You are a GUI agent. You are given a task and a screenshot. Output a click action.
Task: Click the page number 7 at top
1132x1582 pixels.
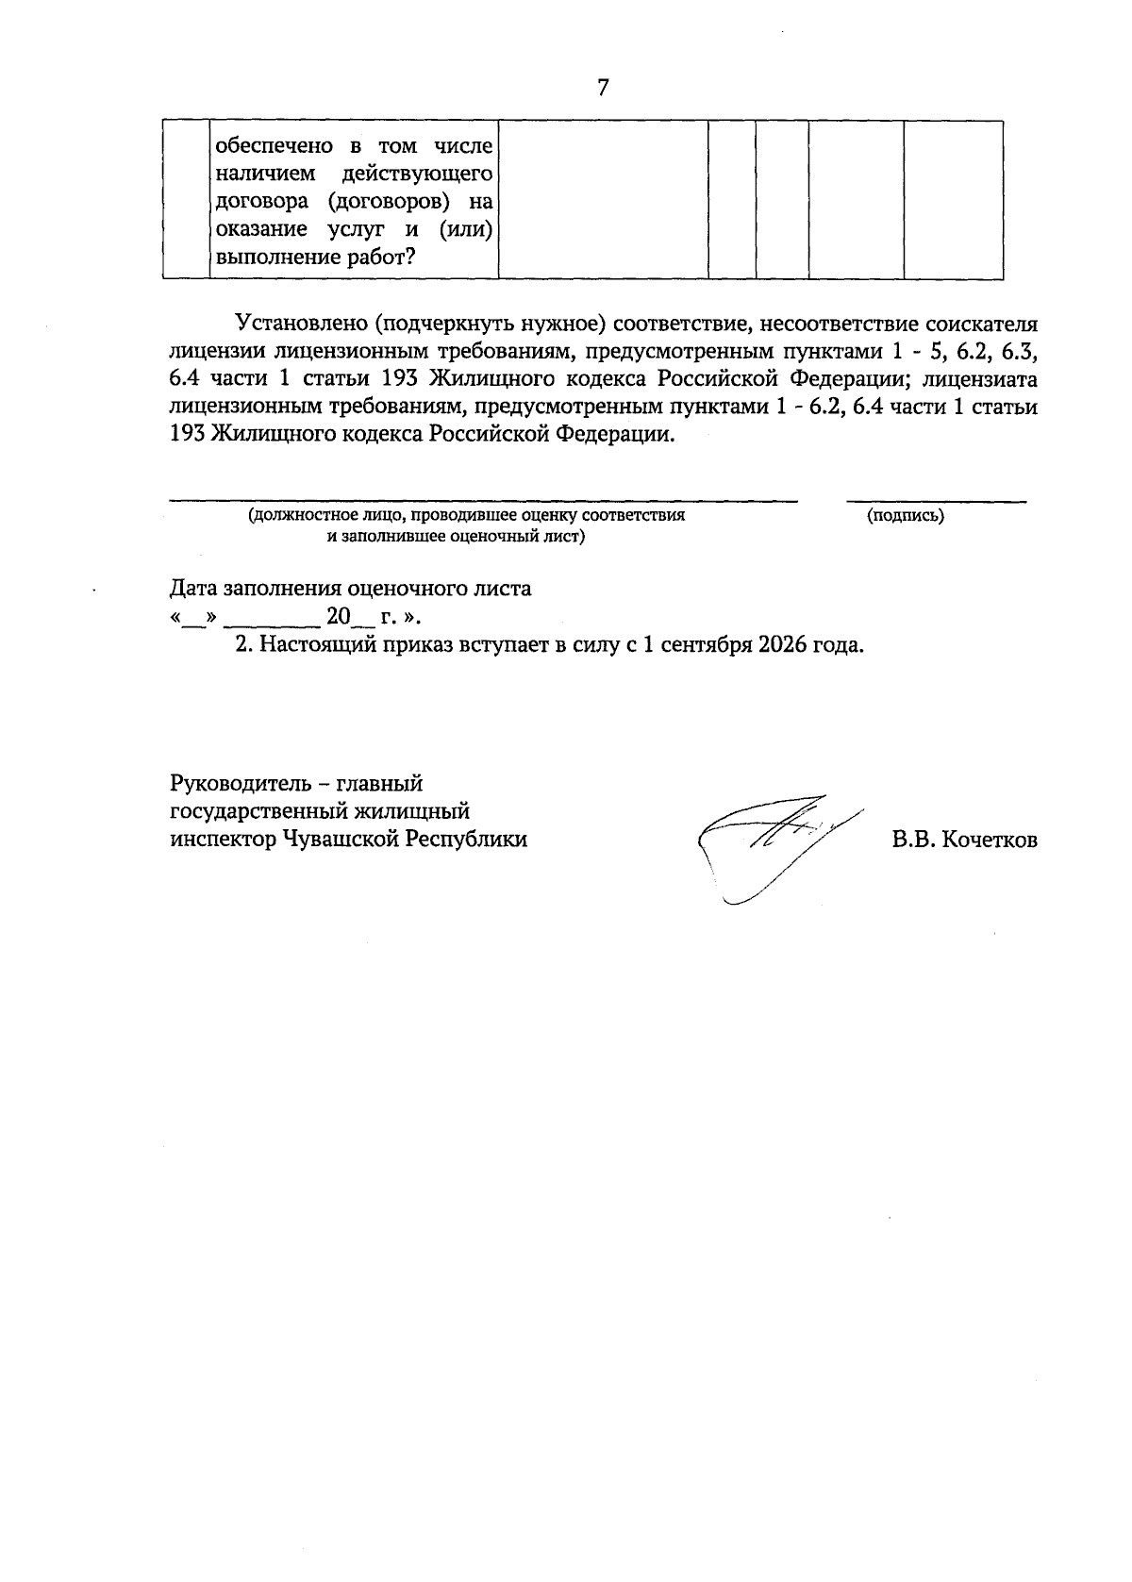(603, 89)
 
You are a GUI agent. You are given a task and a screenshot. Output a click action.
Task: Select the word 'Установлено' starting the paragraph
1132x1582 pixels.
(300, 324)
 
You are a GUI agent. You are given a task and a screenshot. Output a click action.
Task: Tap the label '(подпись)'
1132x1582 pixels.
(906, 515)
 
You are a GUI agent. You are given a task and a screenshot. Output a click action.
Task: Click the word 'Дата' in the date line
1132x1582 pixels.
(192, 589)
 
